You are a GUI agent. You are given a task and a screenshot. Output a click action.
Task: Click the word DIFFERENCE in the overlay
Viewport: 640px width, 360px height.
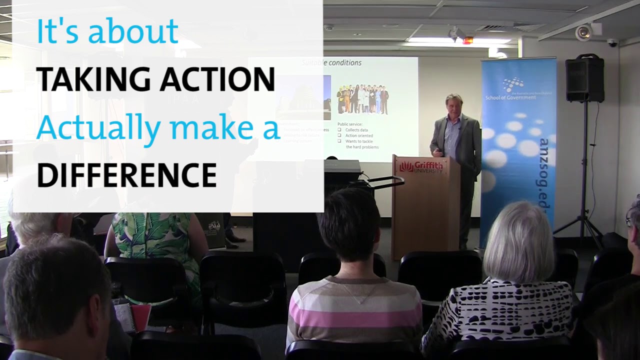pyautogui.click(x=126, y=175)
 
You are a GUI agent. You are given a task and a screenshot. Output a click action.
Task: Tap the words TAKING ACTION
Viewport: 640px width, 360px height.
pyautogui.click(x=155, y=79)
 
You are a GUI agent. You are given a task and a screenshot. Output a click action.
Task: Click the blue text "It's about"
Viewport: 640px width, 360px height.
pyautogui.click(x=107, y=31)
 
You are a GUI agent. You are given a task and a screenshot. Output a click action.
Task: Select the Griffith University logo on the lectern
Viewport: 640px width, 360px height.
pyautogui.click(x=421, y=167)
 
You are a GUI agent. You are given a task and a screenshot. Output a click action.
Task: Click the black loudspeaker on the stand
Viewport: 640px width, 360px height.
pyautogui.click(x=584, y=79)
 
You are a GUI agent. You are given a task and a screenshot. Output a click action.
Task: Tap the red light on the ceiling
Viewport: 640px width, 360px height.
pyautogui.click(x=467, y=40)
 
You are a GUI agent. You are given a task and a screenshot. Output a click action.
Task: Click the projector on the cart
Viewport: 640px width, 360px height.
pyautogui.click(x=342, y=167)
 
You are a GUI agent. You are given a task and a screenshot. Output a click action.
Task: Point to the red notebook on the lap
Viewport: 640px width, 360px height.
pyautogui.click(x=140, y=318)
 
